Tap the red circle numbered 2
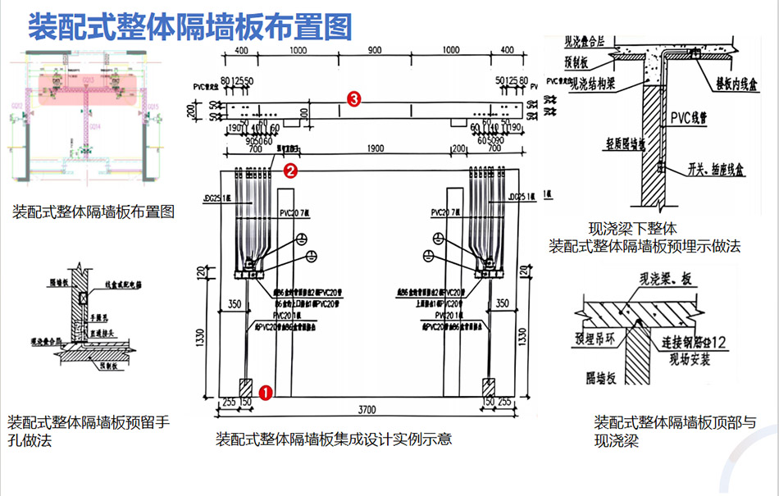[x=289, y=171]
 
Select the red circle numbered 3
[x=353, y=99]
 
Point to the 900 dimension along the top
[x=374, y=51]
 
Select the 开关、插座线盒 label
[x=721, y=169]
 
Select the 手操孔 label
[x=98, y=315]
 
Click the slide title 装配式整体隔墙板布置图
[x=190, y=26]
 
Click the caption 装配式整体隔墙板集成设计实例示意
[x=334, y=439]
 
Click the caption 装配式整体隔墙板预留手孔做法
[x=89, y=431]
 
